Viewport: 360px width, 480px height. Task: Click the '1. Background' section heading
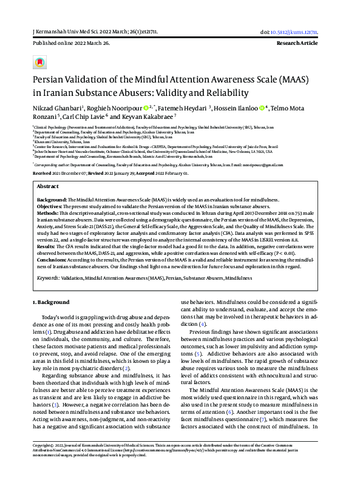pos(50,302)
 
